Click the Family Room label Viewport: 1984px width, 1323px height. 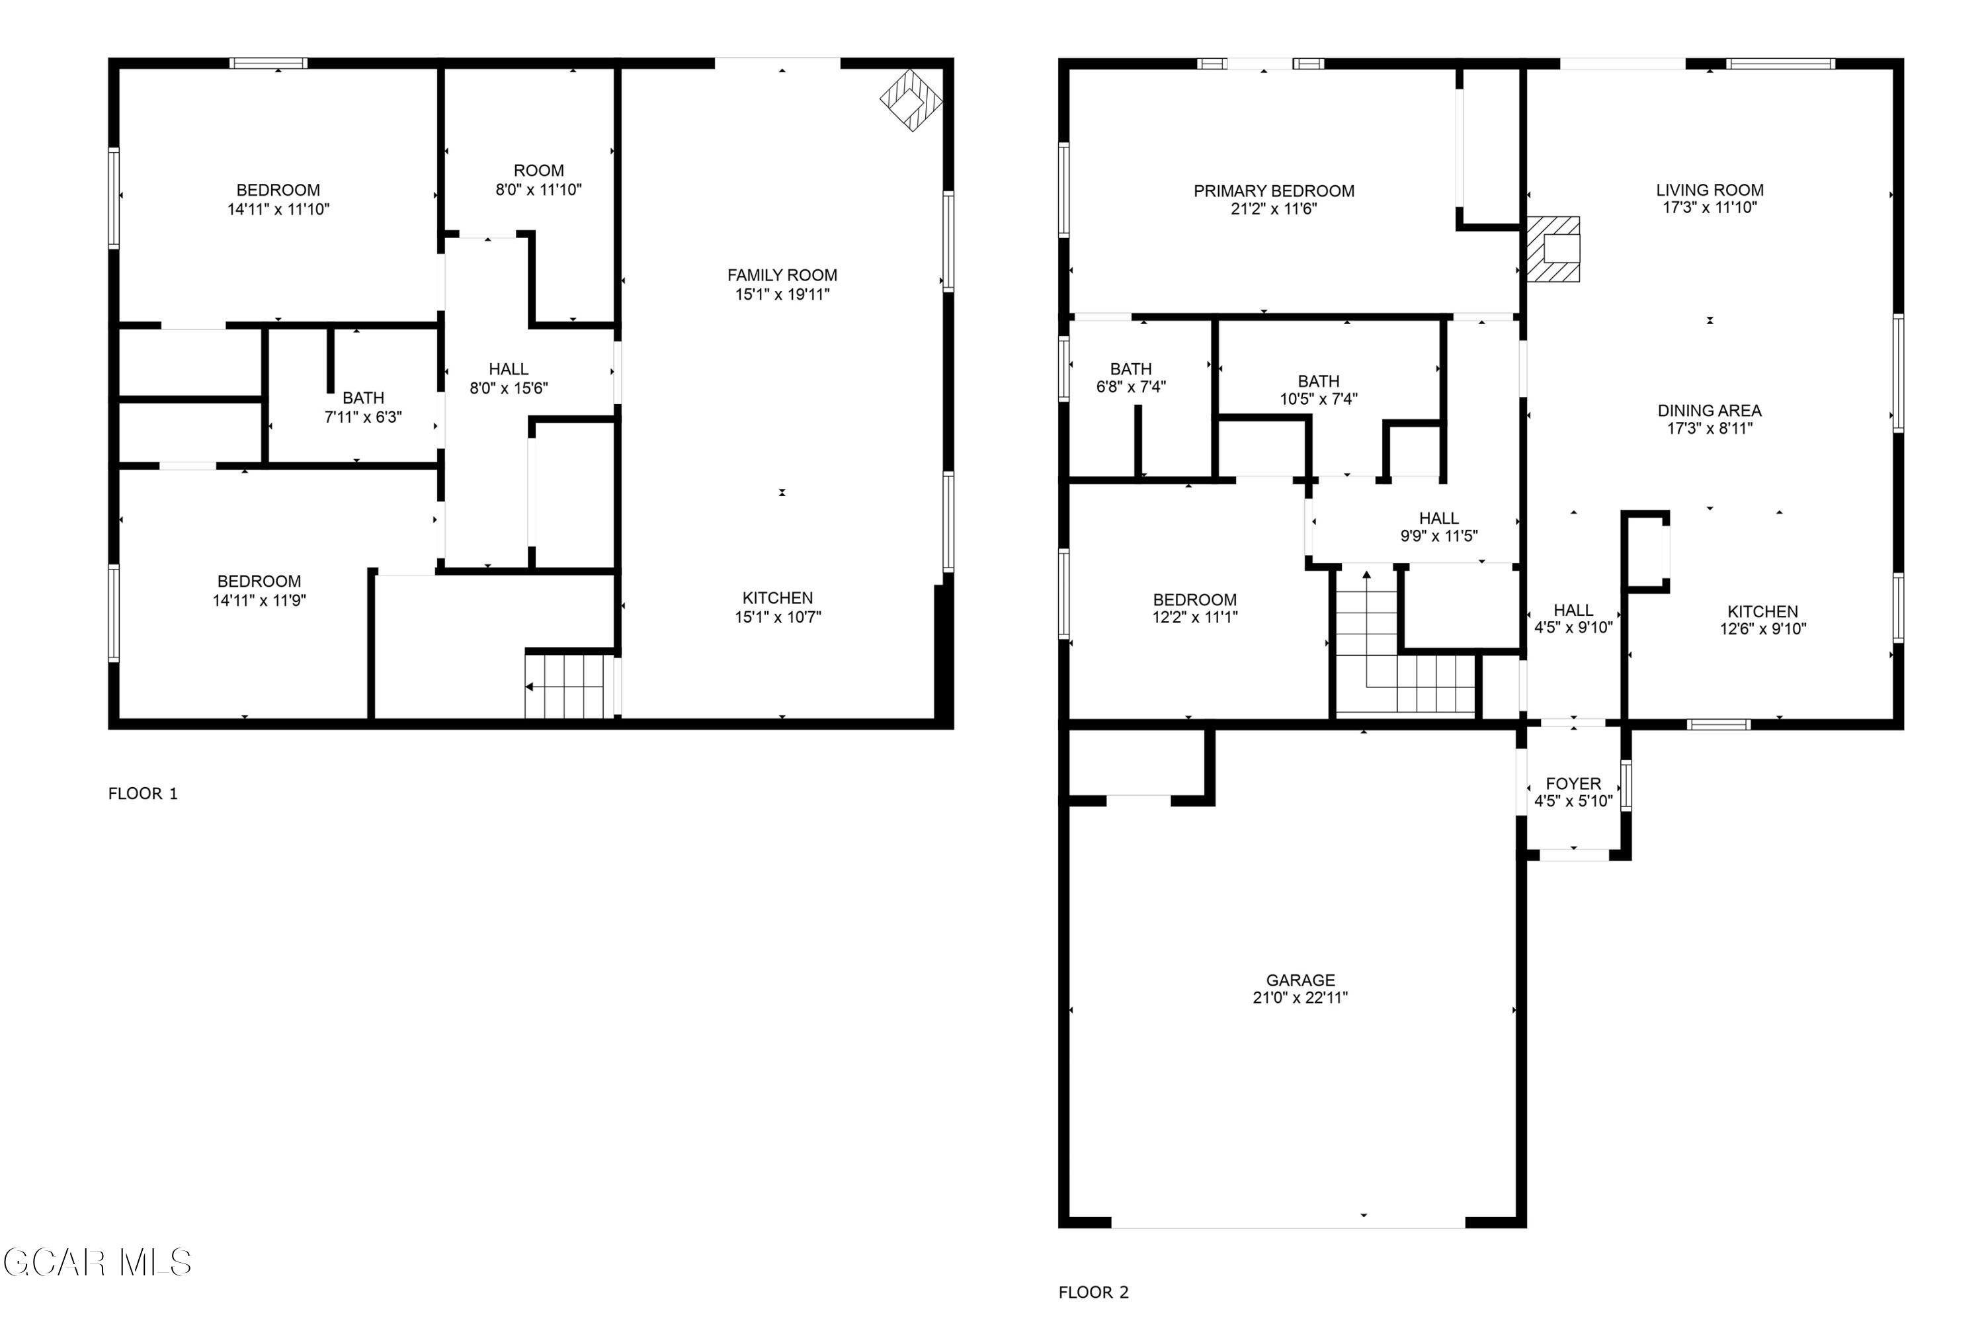[782, 275]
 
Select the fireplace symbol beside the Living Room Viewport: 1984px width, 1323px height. [1553, 249]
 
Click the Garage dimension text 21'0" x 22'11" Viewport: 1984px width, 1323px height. [1300, 998]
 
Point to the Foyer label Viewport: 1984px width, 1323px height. [1573, 784]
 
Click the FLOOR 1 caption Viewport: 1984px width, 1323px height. [143, 794]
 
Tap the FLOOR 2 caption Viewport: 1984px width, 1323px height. [1093, 1293]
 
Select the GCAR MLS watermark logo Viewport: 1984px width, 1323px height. [98, 1263]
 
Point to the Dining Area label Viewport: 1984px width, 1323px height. [1709, 411]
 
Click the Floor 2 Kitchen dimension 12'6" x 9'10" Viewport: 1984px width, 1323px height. [1763, 628]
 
